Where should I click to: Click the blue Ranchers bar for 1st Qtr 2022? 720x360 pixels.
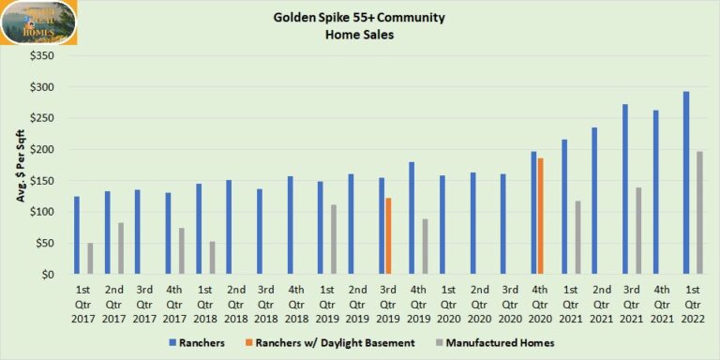pos(686,183)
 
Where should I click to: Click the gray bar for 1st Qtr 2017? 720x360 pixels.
pos(89,259)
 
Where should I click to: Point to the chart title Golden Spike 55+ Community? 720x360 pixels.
pos(359,18)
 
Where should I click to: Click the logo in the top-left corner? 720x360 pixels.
pos(39,22)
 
